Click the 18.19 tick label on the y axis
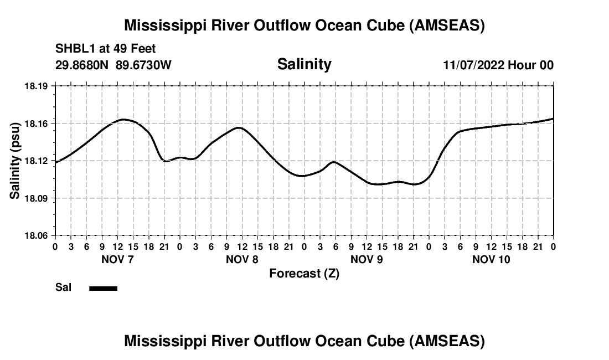pos(37,86)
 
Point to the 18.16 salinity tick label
pos(37,123)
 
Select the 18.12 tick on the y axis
pos(37,161)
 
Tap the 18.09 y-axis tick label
pos(37,198)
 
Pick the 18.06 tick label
pos(37,235)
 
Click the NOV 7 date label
pos(118,259)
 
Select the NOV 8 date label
pos(242,259)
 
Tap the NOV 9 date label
pos(367,259)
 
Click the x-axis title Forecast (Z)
pos(304,273)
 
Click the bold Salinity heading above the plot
pos(304,64)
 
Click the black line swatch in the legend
pos(103,288)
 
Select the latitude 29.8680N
pos(83,65)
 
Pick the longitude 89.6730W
pos(143,65)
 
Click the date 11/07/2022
pos(473,65)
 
